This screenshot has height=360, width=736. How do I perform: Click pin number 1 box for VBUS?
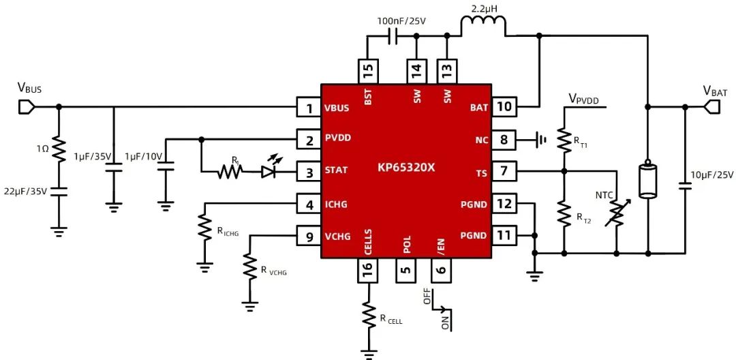309,108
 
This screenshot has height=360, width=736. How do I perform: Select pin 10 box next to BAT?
504,106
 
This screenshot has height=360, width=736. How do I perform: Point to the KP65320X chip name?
406,167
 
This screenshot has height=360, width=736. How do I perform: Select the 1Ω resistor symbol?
59,149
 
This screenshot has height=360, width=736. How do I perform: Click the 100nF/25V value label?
401,21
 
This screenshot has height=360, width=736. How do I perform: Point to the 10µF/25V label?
711,175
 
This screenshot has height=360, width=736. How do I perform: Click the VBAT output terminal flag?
712,107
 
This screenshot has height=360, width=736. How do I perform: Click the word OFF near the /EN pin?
427,297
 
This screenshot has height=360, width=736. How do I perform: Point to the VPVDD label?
585,99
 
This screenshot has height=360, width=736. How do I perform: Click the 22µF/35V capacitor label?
26,191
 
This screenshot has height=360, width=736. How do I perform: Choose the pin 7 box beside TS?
504,171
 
